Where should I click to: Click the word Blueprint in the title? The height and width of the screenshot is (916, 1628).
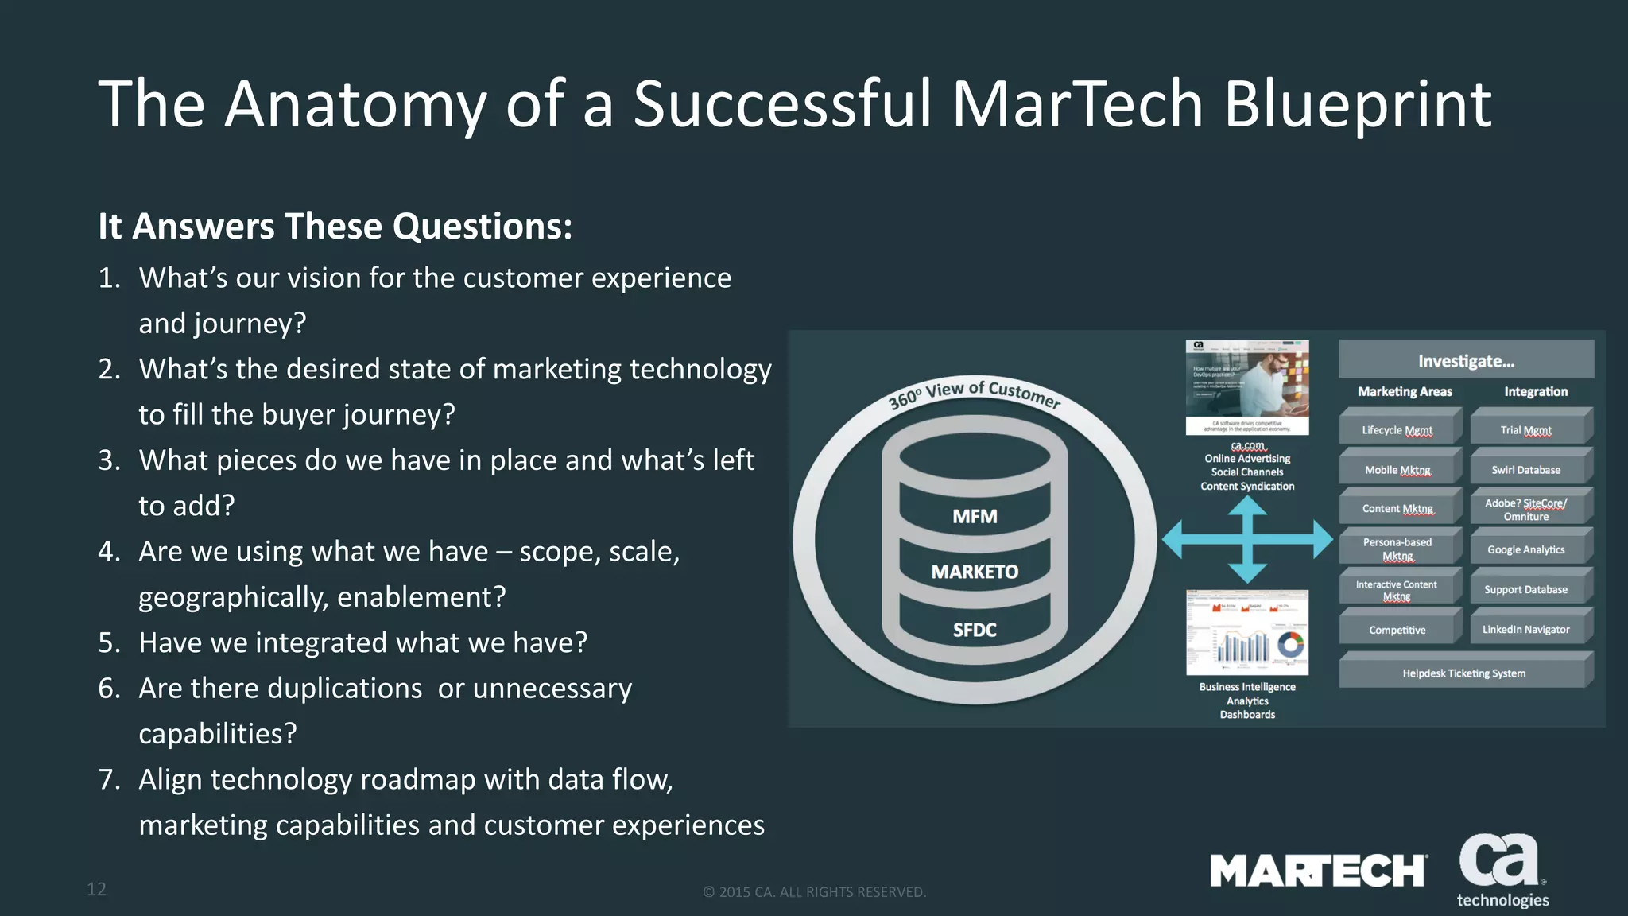click(1356, 105)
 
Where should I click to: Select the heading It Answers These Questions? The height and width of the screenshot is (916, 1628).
click(335, 227)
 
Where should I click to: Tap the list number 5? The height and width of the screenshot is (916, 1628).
click(109, 642)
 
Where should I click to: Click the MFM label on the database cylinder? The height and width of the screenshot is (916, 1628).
click(975, 517)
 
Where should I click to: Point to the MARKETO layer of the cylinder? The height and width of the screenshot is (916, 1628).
click(975, 572)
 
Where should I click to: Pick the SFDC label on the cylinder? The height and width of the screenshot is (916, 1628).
click(975, 630)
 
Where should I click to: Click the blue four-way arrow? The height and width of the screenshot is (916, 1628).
click(1247, 540)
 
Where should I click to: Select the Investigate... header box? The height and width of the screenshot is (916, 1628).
click(1466, 361)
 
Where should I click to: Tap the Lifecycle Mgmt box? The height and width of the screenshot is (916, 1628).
click(1397, 429)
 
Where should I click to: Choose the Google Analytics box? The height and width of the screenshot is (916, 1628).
click(1526, 549)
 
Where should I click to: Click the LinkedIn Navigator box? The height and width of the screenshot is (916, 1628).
click(1526, 629)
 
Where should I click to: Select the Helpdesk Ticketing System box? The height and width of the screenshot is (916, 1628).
click(1463, 673)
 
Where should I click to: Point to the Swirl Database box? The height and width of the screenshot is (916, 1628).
click(1526, 470)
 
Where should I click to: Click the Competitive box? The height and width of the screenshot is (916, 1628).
click(1397, 630)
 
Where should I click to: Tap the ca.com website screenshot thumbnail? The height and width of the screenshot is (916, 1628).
click(1247, 387)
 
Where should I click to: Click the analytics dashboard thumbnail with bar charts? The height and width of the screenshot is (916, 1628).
click(1247, 633)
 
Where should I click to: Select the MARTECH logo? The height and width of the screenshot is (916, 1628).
click(1318, 871)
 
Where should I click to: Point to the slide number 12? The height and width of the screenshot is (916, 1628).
click(96, 889)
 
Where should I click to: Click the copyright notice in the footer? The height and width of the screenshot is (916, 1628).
click(814, 892)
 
